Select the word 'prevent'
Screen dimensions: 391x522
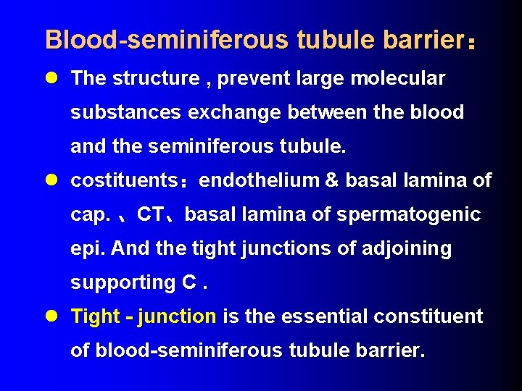[x=252, y=78]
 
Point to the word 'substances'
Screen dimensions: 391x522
[x=124, y=112]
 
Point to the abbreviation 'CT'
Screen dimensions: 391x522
[x=150, y=214]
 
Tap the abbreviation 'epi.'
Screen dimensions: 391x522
[x=88, y=248]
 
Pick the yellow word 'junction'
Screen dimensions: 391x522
[x=177, y=316]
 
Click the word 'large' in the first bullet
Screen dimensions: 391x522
[x=320, y=78]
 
